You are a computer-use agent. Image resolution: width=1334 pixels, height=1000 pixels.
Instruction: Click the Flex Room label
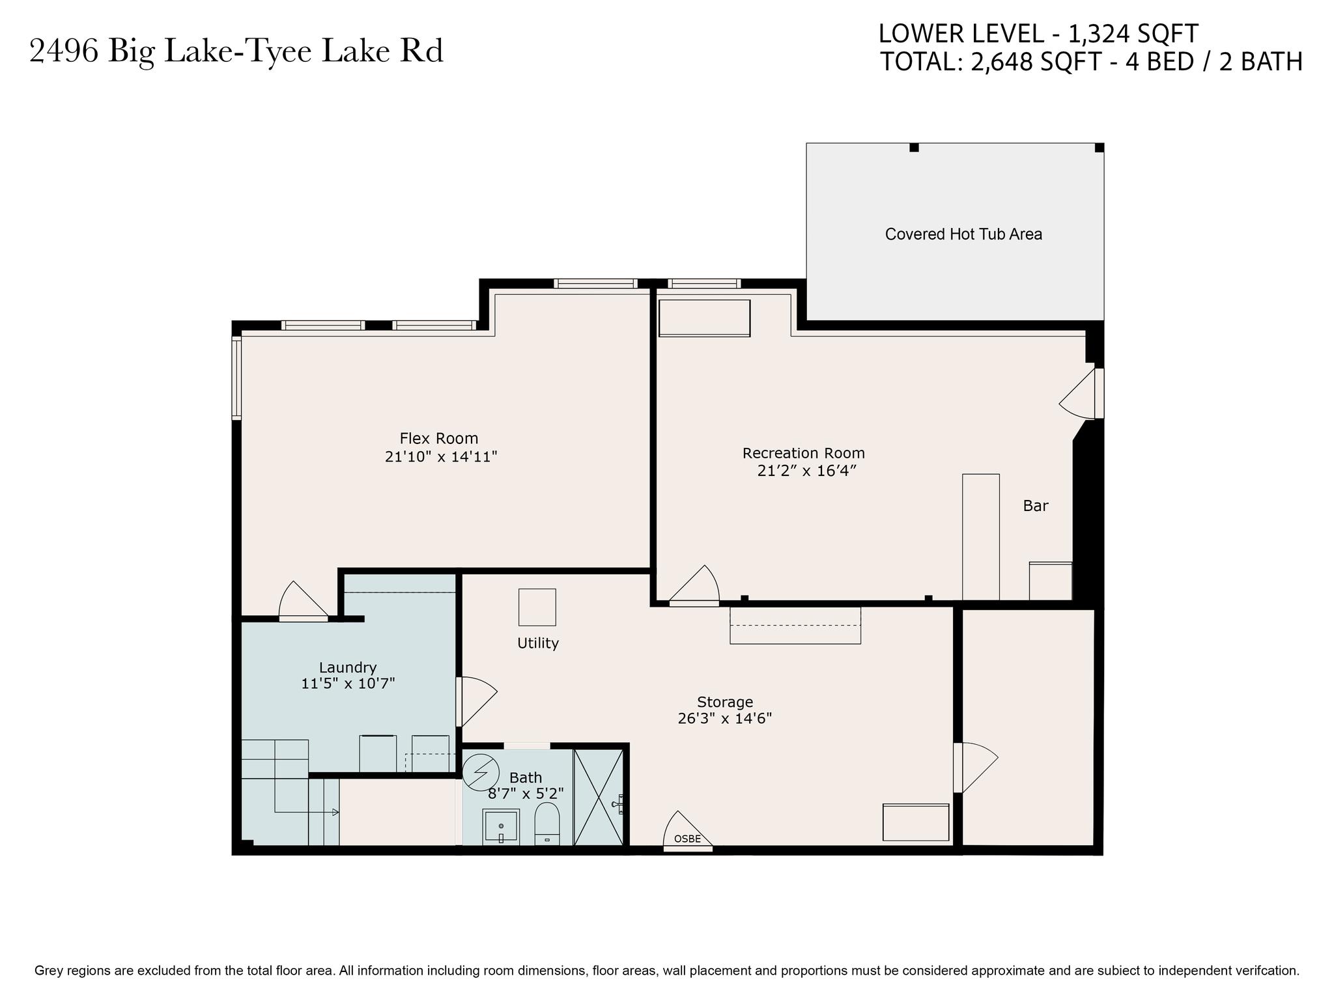click(439, 439)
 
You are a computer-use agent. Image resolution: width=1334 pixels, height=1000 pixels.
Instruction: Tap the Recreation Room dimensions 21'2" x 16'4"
click(806, 471)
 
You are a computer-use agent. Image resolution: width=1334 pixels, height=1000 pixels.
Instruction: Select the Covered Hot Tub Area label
click(963, 234)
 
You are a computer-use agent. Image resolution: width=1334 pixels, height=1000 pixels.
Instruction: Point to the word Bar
click(1036, 506)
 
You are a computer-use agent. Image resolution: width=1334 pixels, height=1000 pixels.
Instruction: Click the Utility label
click(538, 643)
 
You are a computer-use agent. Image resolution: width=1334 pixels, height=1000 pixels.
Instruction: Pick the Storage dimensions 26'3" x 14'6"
click(725, 719)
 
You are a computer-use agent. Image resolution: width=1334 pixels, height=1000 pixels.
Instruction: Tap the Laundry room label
click(348, 667)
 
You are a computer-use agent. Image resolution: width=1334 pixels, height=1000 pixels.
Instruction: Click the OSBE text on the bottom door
click(687, 839)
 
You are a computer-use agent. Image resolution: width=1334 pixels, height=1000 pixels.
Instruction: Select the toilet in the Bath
click(547, 824)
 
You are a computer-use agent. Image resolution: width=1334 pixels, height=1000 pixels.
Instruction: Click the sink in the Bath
click(501, 827)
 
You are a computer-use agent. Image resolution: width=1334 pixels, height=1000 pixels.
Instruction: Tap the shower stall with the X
click(599, 798)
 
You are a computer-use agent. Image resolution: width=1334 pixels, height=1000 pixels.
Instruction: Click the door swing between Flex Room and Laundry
click(303, 600)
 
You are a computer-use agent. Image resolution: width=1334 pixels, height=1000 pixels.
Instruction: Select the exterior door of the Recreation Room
click(1082, 394)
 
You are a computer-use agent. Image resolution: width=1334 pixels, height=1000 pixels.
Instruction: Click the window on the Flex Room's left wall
click(237, 378)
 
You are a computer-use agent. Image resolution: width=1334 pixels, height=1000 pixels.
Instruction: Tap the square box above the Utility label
click(537, 607)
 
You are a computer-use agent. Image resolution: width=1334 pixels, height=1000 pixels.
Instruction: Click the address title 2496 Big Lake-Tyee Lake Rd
click(236, 51)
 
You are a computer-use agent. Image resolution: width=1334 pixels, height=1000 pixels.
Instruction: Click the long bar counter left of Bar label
click(981, 537)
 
